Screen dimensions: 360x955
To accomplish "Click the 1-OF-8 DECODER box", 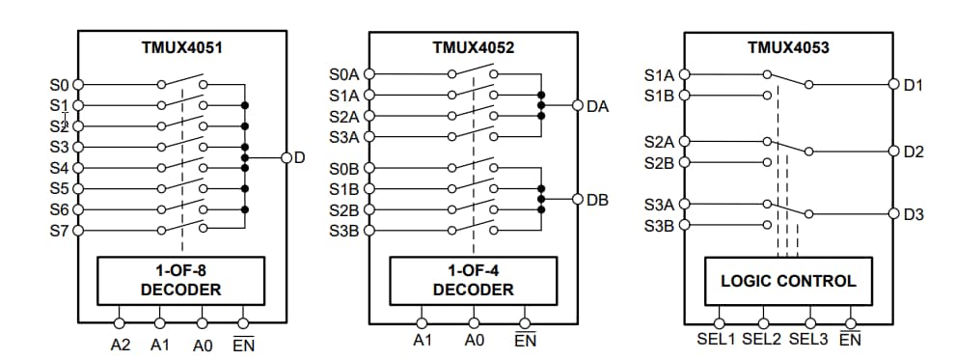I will point(181,281).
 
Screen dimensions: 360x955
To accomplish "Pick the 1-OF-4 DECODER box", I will point(473,281).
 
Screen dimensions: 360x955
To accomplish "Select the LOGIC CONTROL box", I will point(788,281).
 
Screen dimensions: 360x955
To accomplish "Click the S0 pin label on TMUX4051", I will point(60,85).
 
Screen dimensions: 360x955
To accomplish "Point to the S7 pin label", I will point(60,231).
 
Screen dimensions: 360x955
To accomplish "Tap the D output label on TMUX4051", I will point(300,157).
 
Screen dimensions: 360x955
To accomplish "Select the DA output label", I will point(597,106).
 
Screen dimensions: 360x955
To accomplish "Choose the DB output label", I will point(597,200).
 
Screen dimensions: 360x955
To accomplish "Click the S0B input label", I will point(344,169).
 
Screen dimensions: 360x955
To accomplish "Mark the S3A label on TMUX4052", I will point(344,138).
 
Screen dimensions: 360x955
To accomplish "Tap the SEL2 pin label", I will point(762,341).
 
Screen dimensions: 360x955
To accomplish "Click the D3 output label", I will point(914,214).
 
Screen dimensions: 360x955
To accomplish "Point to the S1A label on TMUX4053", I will point(659,74).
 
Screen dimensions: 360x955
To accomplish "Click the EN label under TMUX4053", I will point(850,341).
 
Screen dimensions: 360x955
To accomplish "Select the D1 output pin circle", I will point(893,85).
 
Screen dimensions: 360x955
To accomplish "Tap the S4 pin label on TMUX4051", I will point(60,168).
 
